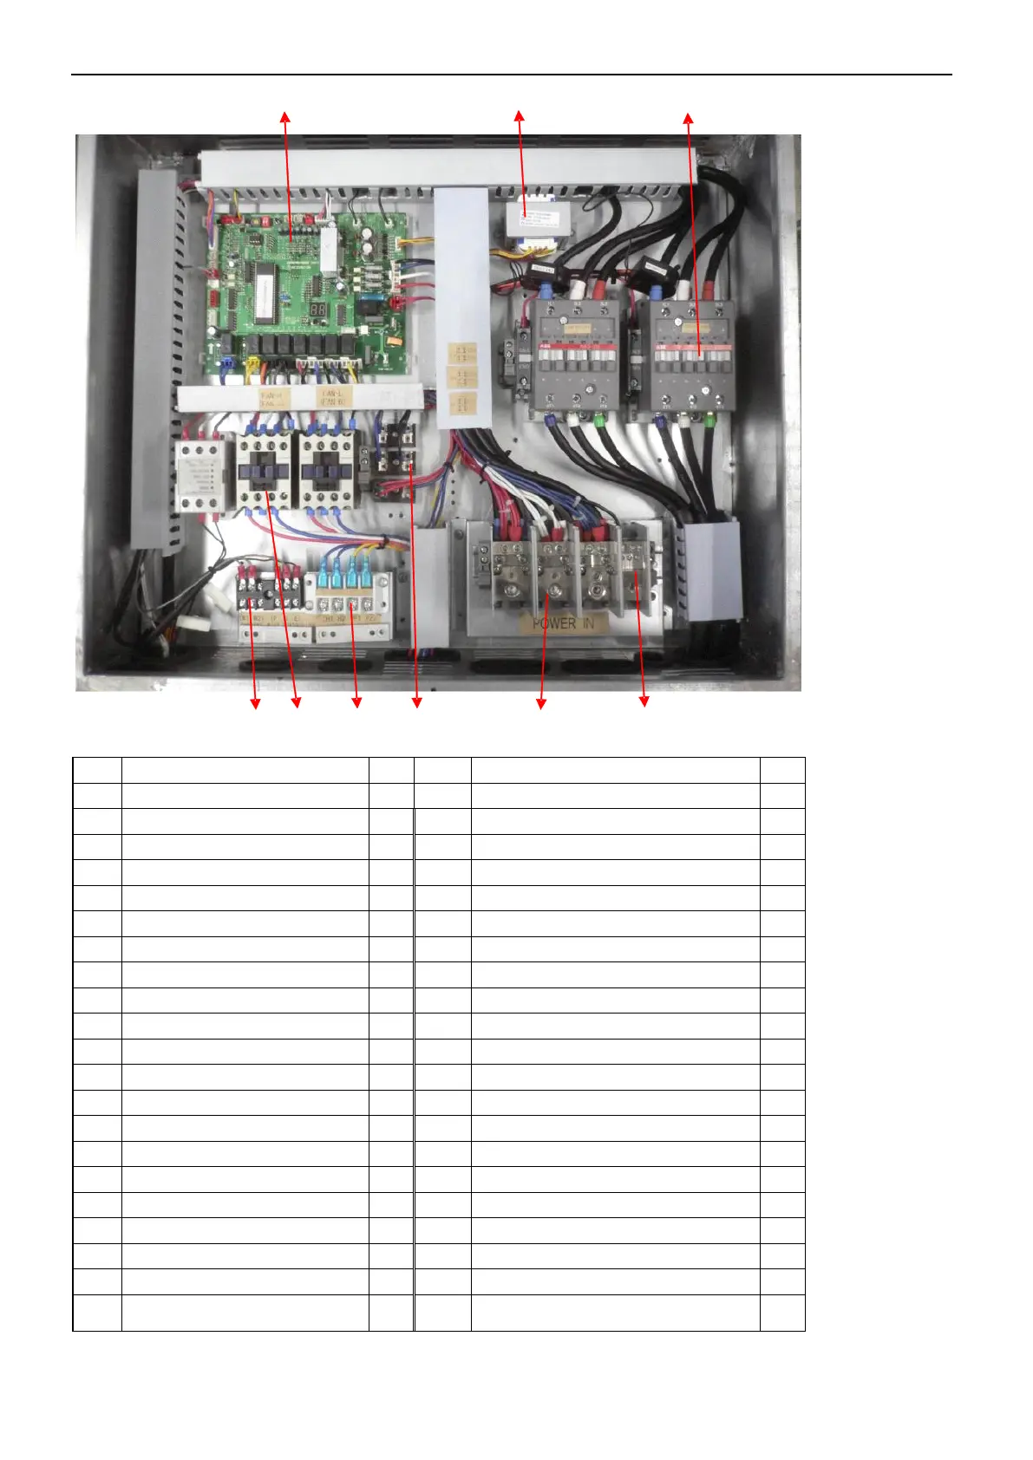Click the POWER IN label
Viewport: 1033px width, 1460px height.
click(x=563, y=622)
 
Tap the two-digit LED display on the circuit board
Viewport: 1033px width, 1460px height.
click(x=318, y=310)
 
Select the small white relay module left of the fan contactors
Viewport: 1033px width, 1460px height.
click(x=201, y=477)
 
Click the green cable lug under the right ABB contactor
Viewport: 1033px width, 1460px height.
click(x=710, y=421)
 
